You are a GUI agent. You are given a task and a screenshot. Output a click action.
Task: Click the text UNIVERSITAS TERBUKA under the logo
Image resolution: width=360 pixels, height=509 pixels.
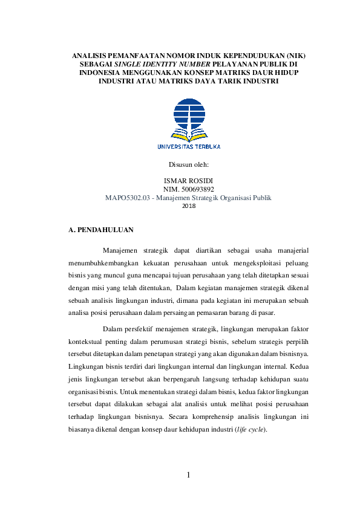(189, 146)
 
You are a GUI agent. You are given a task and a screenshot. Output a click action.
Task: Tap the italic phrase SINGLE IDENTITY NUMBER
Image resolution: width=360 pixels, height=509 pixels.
(149, 63)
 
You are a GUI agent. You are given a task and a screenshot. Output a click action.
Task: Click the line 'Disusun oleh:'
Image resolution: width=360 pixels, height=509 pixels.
(188, 164)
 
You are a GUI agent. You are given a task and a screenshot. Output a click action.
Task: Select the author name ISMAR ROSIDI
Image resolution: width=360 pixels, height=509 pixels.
(188, 181)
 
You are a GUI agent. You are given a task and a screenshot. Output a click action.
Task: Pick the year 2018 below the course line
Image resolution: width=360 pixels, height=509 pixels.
(188, 206)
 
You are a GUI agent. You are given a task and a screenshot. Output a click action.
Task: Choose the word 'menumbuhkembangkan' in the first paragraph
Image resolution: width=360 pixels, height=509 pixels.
(104, 264)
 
